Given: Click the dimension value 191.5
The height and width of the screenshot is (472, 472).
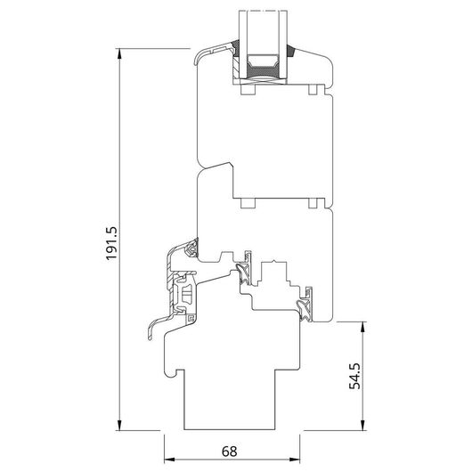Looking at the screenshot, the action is point(110,243).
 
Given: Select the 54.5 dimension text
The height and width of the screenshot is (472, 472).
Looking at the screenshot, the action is point(354,376).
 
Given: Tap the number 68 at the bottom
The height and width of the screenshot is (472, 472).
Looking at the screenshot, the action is point(230,452).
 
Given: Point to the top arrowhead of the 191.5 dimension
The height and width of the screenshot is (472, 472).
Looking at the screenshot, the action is point(120,53).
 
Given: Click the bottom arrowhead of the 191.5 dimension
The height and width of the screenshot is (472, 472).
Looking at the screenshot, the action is point(120,425).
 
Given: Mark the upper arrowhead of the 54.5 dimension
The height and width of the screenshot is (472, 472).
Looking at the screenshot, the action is point(363,327).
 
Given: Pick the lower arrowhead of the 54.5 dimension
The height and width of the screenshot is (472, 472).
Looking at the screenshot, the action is point(363,425).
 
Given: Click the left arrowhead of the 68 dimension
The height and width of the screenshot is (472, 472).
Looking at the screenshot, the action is point(169,460).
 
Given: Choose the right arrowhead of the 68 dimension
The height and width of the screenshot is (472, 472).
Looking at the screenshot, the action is point(295,460).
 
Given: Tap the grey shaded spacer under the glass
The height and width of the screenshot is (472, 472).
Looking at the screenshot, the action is point(262,71).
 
